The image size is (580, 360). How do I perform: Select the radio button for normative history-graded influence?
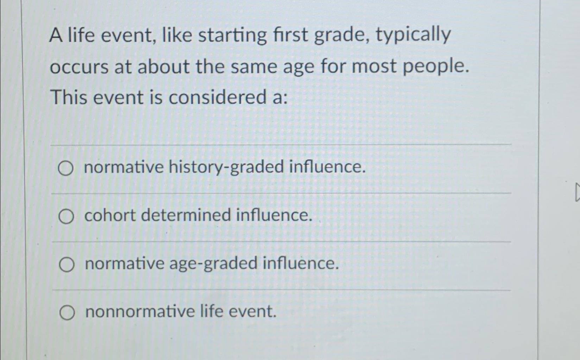(x=66, y=169)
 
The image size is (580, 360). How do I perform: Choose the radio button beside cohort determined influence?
(x=66, y=216)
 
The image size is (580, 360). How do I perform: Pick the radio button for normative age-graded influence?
(x=67, y=265)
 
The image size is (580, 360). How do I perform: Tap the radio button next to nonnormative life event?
(x=67, y=313)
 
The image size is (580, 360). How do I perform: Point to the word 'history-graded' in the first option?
(x=226, y=167)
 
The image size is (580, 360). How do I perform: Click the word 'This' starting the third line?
(x=69, y=97)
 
